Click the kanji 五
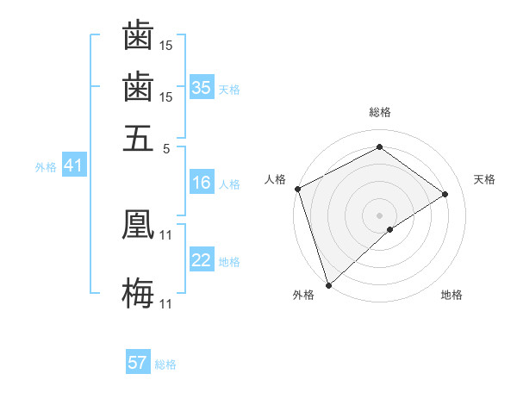pos(138,138)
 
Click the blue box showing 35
pos(202,88)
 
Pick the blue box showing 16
pos(202,183)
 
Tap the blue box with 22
pos(202,261)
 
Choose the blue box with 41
pos(72,166)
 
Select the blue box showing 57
pos(138,363)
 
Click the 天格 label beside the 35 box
pos(229,89)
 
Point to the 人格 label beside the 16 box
pos(229,184)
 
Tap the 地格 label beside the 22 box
pos(229,262)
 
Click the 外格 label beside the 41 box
pos(46,167)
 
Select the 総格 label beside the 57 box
pos(165,364)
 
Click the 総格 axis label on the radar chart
pos(380,112)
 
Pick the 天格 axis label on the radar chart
pos(485,179)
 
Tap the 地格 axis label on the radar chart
pos(452,295)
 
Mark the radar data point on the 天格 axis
pos(445,194)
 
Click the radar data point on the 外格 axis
pos(328,285)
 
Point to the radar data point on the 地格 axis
pos(390,229)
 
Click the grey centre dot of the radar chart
pos(380,215)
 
